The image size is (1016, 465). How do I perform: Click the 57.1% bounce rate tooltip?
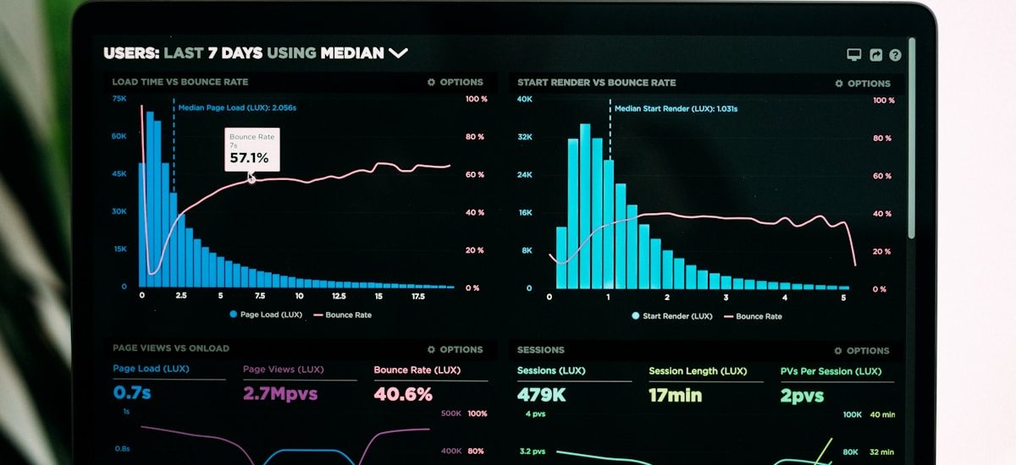tap(251, 150)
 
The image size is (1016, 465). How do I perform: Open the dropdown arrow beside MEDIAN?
tap(398, 53)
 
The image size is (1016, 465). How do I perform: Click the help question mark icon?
tap(895, 55)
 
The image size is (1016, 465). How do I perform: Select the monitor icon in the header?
tap(853, 55)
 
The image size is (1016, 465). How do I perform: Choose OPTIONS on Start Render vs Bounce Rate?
tap(863, 84)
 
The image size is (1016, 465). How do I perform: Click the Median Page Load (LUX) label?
tap(237, 108)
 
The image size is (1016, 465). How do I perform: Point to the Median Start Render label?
tap(675, 109)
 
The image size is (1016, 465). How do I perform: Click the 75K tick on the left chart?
tap(119, 99)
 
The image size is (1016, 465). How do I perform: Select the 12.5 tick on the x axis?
tap(339, 297)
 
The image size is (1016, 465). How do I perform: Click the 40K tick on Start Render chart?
tap(525, 100)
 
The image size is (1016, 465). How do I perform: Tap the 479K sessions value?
tap(541, 395)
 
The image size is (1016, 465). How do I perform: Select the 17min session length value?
tap(675, 395)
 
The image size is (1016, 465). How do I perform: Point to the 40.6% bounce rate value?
tap(403, 394)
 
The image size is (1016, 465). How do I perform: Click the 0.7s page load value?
tap(132, 393)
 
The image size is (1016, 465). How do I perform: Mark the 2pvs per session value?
tap(802, 396)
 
